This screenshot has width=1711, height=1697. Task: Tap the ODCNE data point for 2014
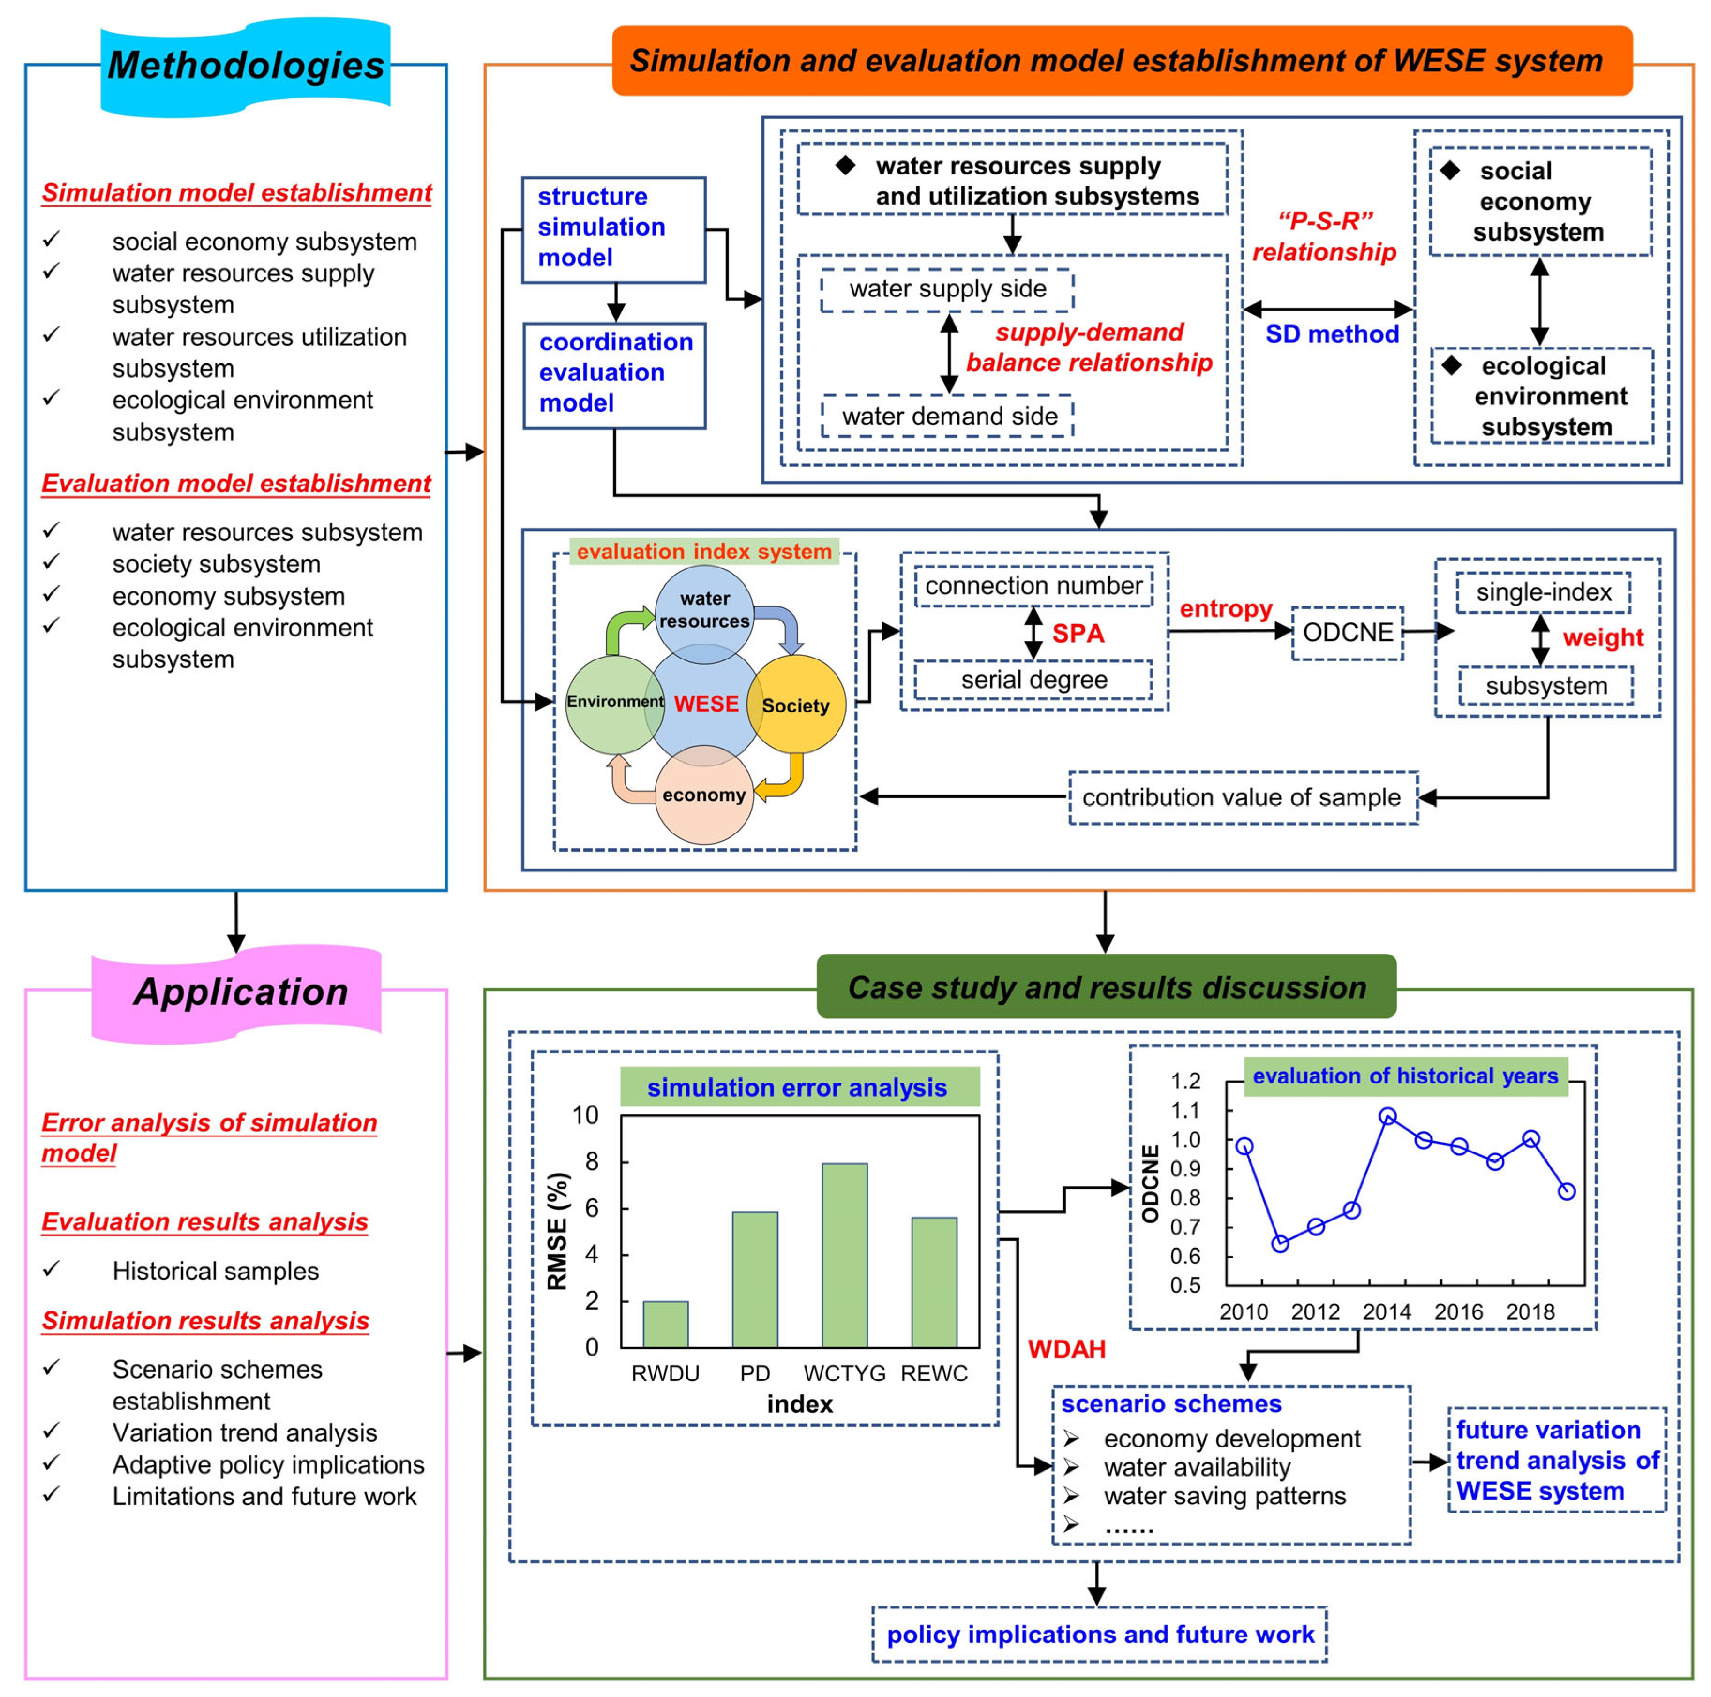(x=1387, y=1117)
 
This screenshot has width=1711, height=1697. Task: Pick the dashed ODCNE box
(x=1347, y=632)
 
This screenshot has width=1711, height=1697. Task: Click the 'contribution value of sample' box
(x=1242, y=797)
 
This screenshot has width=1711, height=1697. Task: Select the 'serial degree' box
(x=1033, y=679)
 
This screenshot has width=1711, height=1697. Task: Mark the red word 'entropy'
(x=1226, y=609)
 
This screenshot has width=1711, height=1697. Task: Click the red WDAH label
(x=1066, y=1349)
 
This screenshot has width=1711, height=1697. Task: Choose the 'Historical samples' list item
(x=215, y=1271)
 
